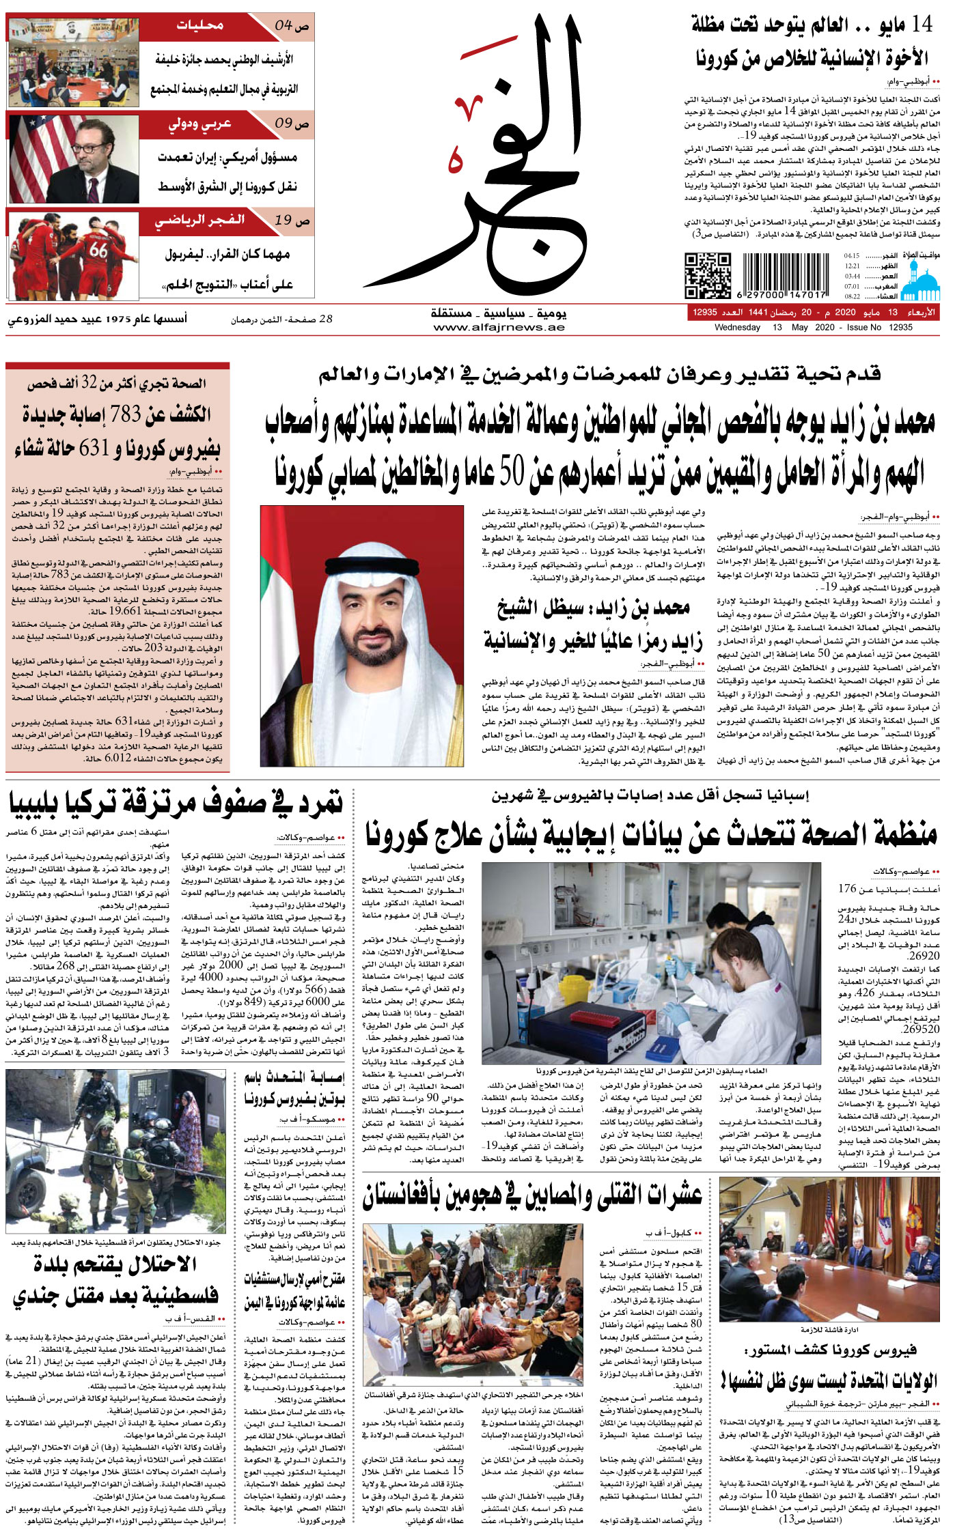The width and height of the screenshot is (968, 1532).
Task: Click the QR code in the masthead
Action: point(707,275)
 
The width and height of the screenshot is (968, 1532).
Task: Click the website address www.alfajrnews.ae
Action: point(499,327)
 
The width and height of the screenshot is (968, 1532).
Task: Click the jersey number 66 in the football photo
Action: point(98,251)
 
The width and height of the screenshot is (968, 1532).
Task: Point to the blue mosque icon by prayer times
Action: point(919,281)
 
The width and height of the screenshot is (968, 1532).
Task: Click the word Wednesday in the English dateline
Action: point(737,327)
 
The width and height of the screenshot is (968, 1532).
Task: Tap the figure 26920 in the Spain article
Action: point(924,956)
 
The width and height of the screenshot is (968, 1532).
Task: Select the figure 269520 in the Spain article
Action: point(921,1029)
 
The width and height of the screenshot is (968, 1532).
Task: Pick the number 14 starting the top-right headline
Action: point(922,25)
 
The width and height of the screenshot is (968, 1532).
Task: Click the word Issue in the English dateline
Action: point(858,327)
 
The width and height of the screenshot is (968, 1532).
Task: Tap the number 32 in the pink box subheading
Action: point(89,384)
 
